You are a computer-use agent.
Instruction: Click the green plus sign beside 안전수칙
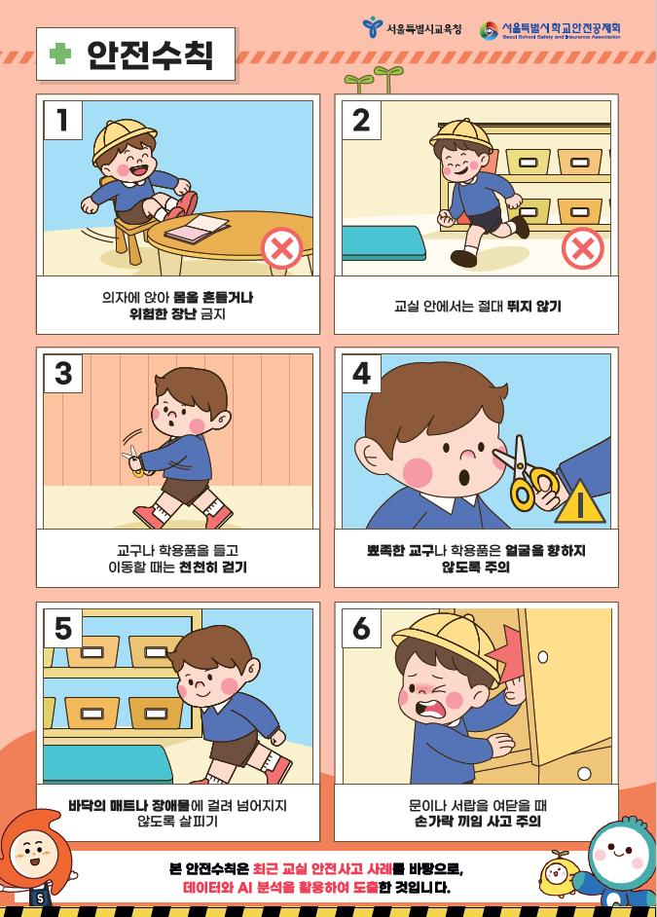60,54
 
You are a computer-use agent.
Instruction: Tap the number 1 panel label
62,120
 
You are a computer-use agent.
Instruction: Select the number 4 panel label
361,373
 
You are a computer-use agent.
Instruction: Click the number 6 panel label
361,628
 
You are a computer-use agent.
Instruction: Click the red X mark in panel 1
281,248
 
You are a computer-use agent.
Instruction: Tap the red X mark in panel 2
583,248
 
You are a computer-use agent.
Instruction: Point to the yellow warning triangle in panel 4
580,501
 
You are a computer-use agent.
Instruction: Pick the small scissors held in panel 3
133,460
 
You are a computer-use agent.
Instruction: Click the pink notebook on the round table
197,229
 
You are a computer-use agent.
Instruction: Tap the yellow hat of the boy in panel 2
461,133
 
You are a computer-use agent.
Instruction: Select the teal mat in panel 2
383,242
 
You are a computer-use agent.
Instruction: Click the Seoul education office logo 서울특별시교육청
412,27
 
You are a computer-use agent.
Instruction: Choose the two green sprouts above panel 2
374,80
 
